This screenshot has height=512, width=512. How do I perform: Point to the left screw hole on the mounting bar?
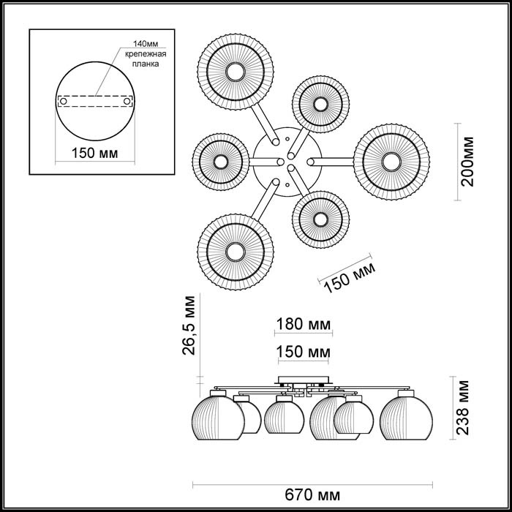(x=64, y=101)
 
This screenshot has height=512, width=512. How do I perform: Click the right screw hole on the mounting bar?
(x=127, y=101)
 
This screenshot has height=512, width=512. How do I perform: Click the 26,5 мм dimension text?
(x=189, y=325)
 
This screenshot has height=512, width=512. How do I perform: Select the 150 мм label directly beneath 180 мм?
(x=303, y=353)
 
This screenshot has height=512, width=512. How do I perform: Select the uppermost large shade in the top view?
(x=235, y=72)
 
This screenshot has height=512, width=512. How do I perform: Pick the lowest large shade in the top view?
(x=235, y=251)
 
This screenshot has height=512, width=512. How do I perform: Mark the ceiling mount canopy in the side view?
(x=303, y=382)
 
